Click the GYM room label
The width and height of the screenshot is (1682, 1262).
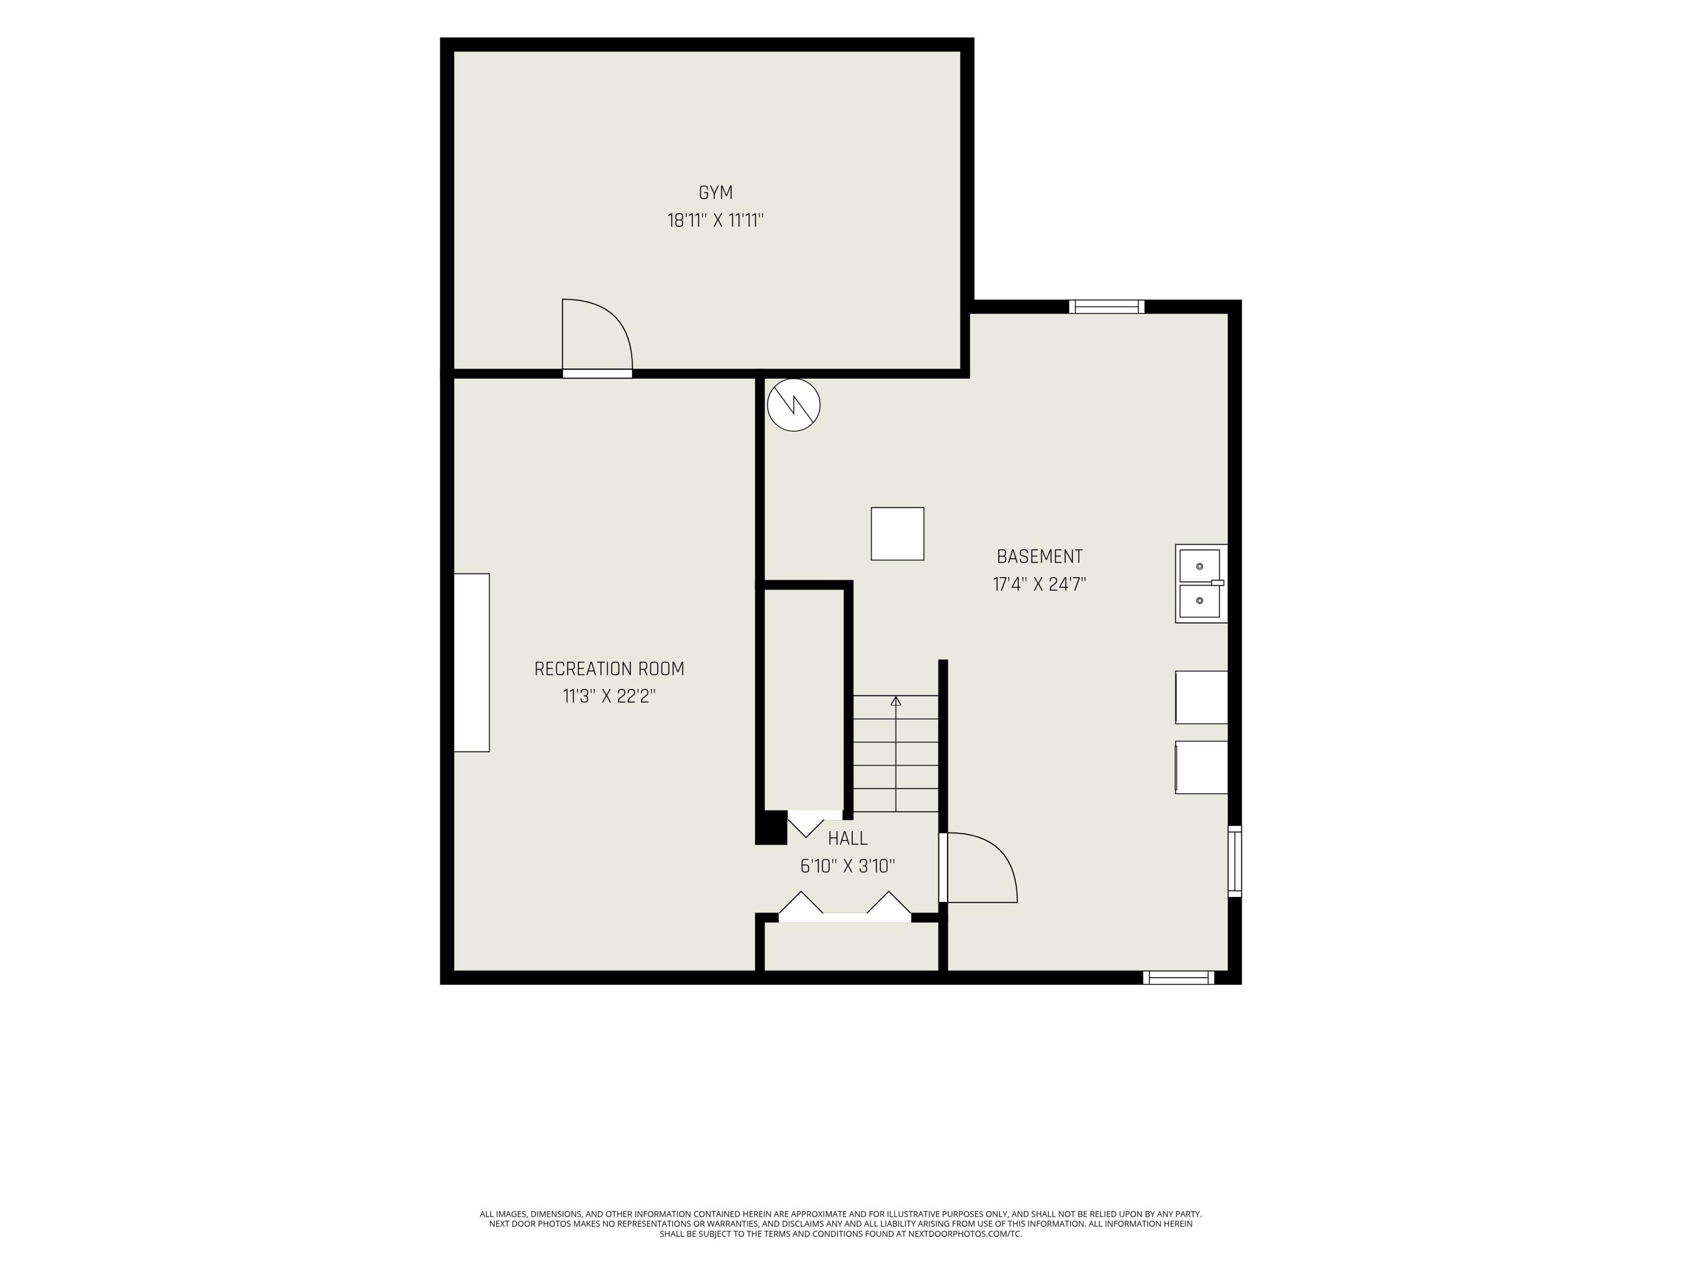click(x=715, y=193)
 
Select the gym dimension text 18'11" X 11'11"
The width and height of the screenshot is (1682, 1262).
click(x=715, y=220)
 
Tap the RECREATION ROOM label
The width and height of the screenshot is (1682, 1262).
click(x=609, y=669)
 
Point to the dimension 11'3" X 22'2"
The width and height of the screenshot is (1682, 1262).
click(x=609, y=696)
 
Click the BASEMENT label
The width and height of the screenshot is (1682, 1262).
click(x=1039, y=556)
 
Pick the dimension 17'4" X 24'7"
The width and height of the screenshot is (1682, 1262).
click(x=1039, y=584)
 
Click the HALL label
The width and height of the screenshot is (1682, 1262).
click(x=848, y=839)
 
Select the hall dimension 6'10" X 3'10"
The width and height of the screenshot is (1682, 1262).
click(x=848, y=865)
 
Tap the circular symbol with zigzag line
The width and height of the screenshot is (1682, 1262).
click(x=794, y=406)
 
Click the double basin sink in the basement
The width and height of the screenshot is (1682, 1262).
click(x=1202, y=583)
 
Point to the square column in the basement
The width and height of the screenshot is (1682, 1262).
click(x=897, y=534)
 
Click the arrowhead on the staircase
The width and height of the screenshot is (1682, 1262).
click(x=896, y=701)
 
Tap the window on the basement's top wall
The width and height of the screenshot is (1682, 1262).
click(x=1106, y=307)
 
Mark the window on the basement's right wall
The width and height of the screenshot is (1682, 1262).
click(x=1235, y=861)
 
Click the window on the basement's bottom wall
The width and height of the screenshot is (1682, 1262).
click(x=1179, y=978)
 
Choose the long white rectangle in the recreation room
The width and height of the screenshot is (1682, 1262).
click(x=472, y=662)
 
